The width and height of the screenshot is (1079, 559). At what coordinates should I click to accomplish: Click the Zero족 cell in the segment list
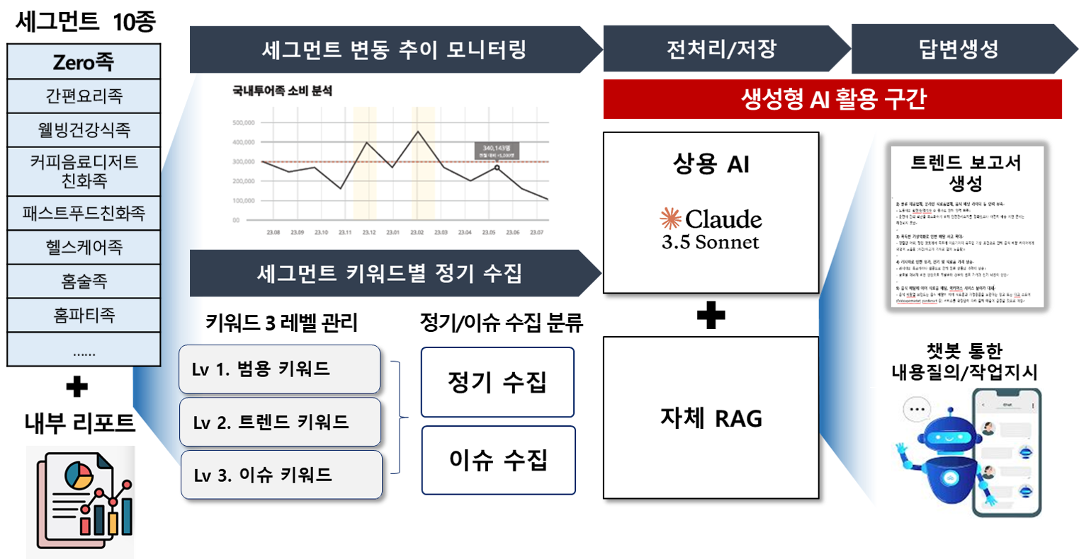(84, 62)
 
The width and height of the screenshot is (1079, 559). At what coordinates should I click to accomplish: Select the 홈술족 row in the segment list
(84, 282)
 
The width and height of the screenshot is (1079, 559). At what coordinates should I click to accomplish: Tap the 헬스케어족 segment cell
(84, 248)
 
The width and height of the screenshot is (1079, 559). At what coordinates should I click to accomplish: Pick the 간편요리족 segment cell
(84, 96)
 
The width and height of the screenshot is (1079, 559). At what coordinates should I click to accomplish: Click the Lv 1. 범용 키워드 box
(279, 369)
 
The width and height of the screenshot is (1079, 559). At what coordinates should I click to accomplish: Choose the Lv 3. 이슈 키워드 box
(281, 475)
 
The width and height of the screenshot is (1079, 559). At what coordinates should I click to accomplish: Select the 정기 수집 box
(497, 382)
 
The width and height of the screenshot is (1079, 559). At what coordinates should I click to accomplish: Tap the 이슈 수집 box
(498, 460)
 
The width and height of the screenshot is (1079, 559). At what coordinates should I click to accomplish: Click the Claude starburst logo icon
(670, 219)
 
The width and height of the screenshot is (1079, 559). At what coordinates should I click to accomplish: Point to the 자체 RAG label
(711, 418)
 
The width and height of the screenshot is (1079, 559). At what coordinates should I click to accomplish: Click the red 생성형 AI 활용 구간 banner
(832, 99)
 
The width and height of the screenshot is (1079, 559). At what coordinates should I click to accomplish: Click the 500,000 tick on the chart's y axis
(243, 122)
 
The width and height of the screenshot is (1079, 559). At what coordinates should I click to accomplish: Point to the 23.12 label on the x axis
(369, 232)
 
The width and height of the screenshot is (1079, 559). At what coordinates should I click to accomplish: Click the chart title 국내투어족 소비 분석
(282, 91)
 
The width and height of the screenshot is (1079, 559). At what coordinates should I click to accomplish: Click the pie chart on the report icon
(78, 476)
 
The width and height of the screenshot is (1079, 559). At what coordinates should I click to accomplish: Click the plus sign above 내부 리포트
(77, 387)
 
